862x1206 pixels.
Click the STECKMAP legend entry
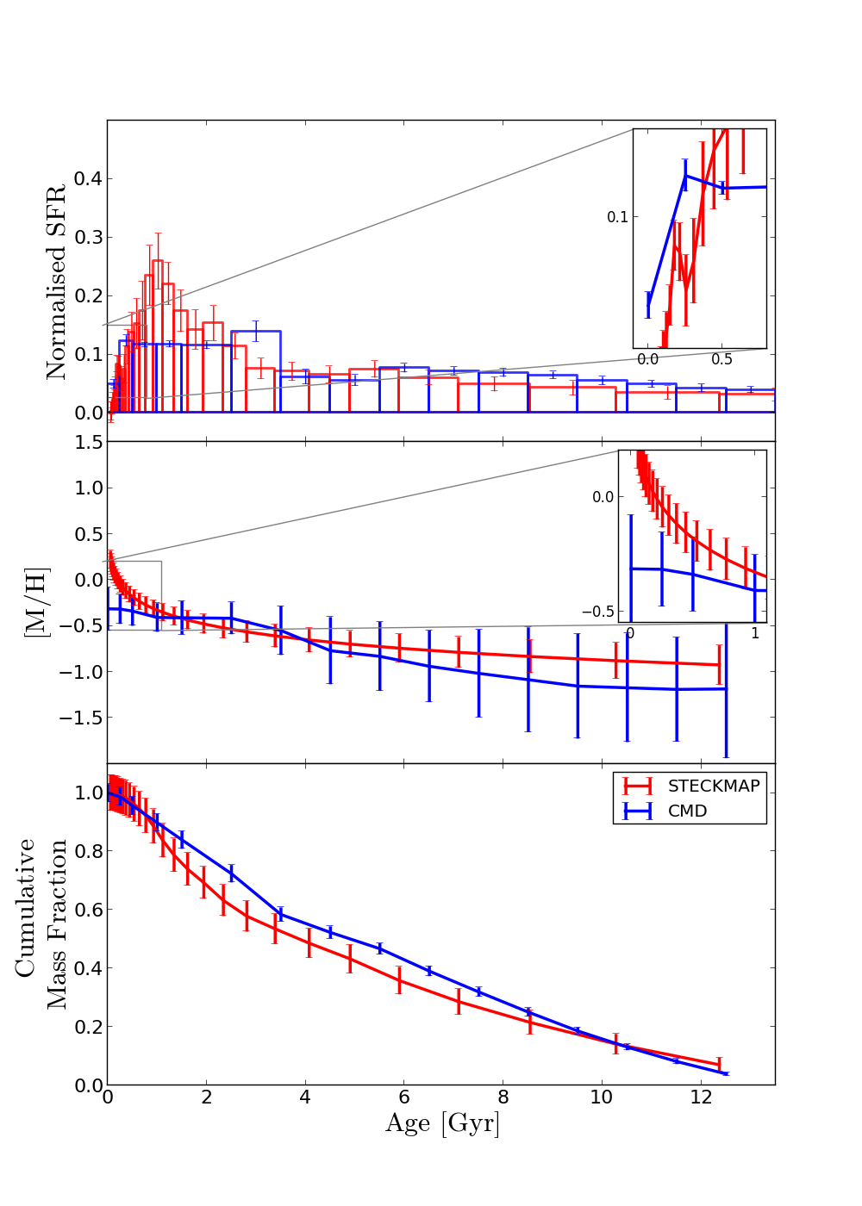point(713,786)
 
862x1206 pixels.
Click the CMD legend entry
point(687,811)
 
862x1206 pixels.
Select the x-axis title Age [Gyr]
point(441,1123)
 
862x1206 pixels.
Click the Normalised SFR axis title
point(56,282)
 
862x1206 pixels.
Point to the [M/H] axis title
point(36,601)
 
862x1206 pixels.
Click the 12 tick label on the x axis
point(700,1097)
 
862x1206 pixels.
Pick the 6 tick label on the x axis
point(403,1097)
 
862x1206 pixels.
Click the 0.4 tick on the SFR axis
point(87,178)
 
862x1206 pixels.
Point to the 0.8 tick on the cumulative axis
point(87,851)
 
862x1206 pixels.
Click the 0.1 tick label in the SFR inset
point(617,217)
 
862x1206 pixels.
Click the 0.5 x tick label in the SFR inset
point(722,359)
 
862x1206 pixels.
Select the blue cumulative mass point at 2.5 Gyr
point(231,873)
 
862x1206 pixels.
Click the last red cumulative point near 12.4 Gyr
point(719,1065)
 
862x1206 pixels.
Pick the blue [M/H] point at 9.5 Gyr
point(578,686)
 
